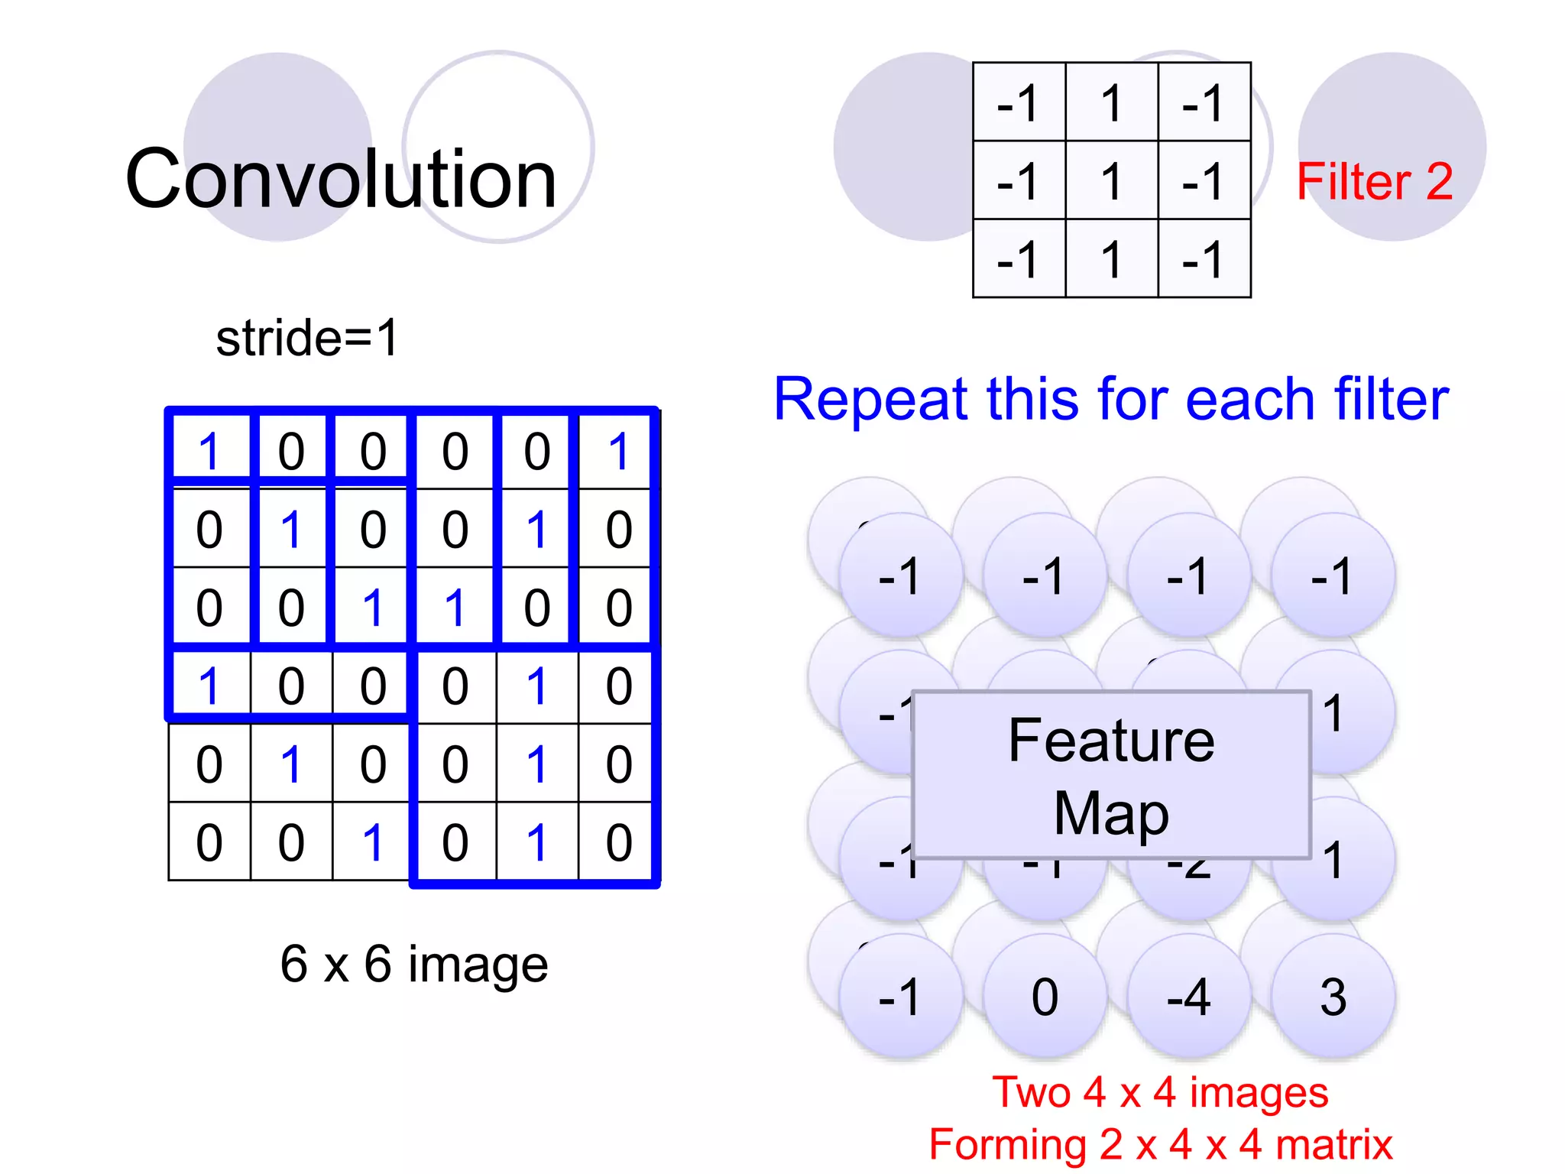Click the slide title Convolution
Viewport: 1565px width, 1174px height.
pyautogui.click(x=341, y=180)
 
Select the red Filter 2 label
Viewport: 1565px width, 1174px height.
pyautogui.click(x=1374, y=182)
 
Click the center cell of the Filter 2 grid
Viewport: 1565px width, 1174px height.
pyautogui.click(x=1111, y=180)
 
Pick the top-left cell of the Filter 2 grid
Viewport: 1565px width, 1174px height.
pyautogui.click(x=1019, y=102)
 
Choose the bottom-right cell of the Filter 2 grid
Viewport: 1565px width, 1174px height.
pyautogui.click(x=1204, y=259)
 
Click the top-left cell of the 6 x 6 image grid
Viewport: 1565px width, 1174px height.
pyautogui.click(x=209, y=451)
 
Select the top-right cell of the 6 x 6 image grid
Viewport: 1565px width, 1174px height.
pyautogui.click(x=618, y=451)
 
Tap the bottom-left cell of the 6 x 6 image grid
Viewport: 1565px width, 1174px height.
pyautogui.click(x=209, y=842)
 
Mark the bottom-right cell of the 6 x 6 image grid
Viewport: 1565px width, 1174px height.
pyautogui.click(x=618, y=842)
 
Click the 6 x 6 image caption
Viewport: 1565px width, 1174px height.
pyautogui.click(x=413, y=964)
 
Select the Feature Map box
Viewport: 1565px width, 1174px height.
pyautogui.click(x=1111, y=774)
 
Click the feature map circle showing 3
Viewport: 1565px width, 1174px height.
pyautogui.click(x=1333, y=997)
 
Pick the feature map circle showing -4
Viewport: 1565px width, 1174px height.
pyautogui.click(x=1189, y=997)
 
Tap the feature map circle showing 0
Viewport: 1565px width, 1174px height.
pyautogui.click(x=1045, y=997)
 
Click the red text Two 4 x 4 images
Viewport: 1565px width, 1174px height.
pyautogui.click(x=1160, y=1091)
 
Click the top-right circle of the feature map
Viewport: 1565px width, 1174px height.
pyautogui.click(x=1333, y=576)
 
